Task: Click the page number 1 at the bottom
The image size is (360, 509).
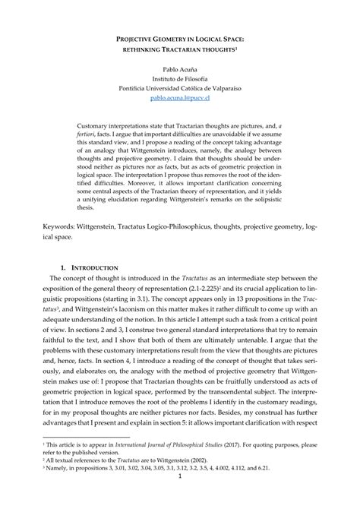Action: (180, 501)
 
